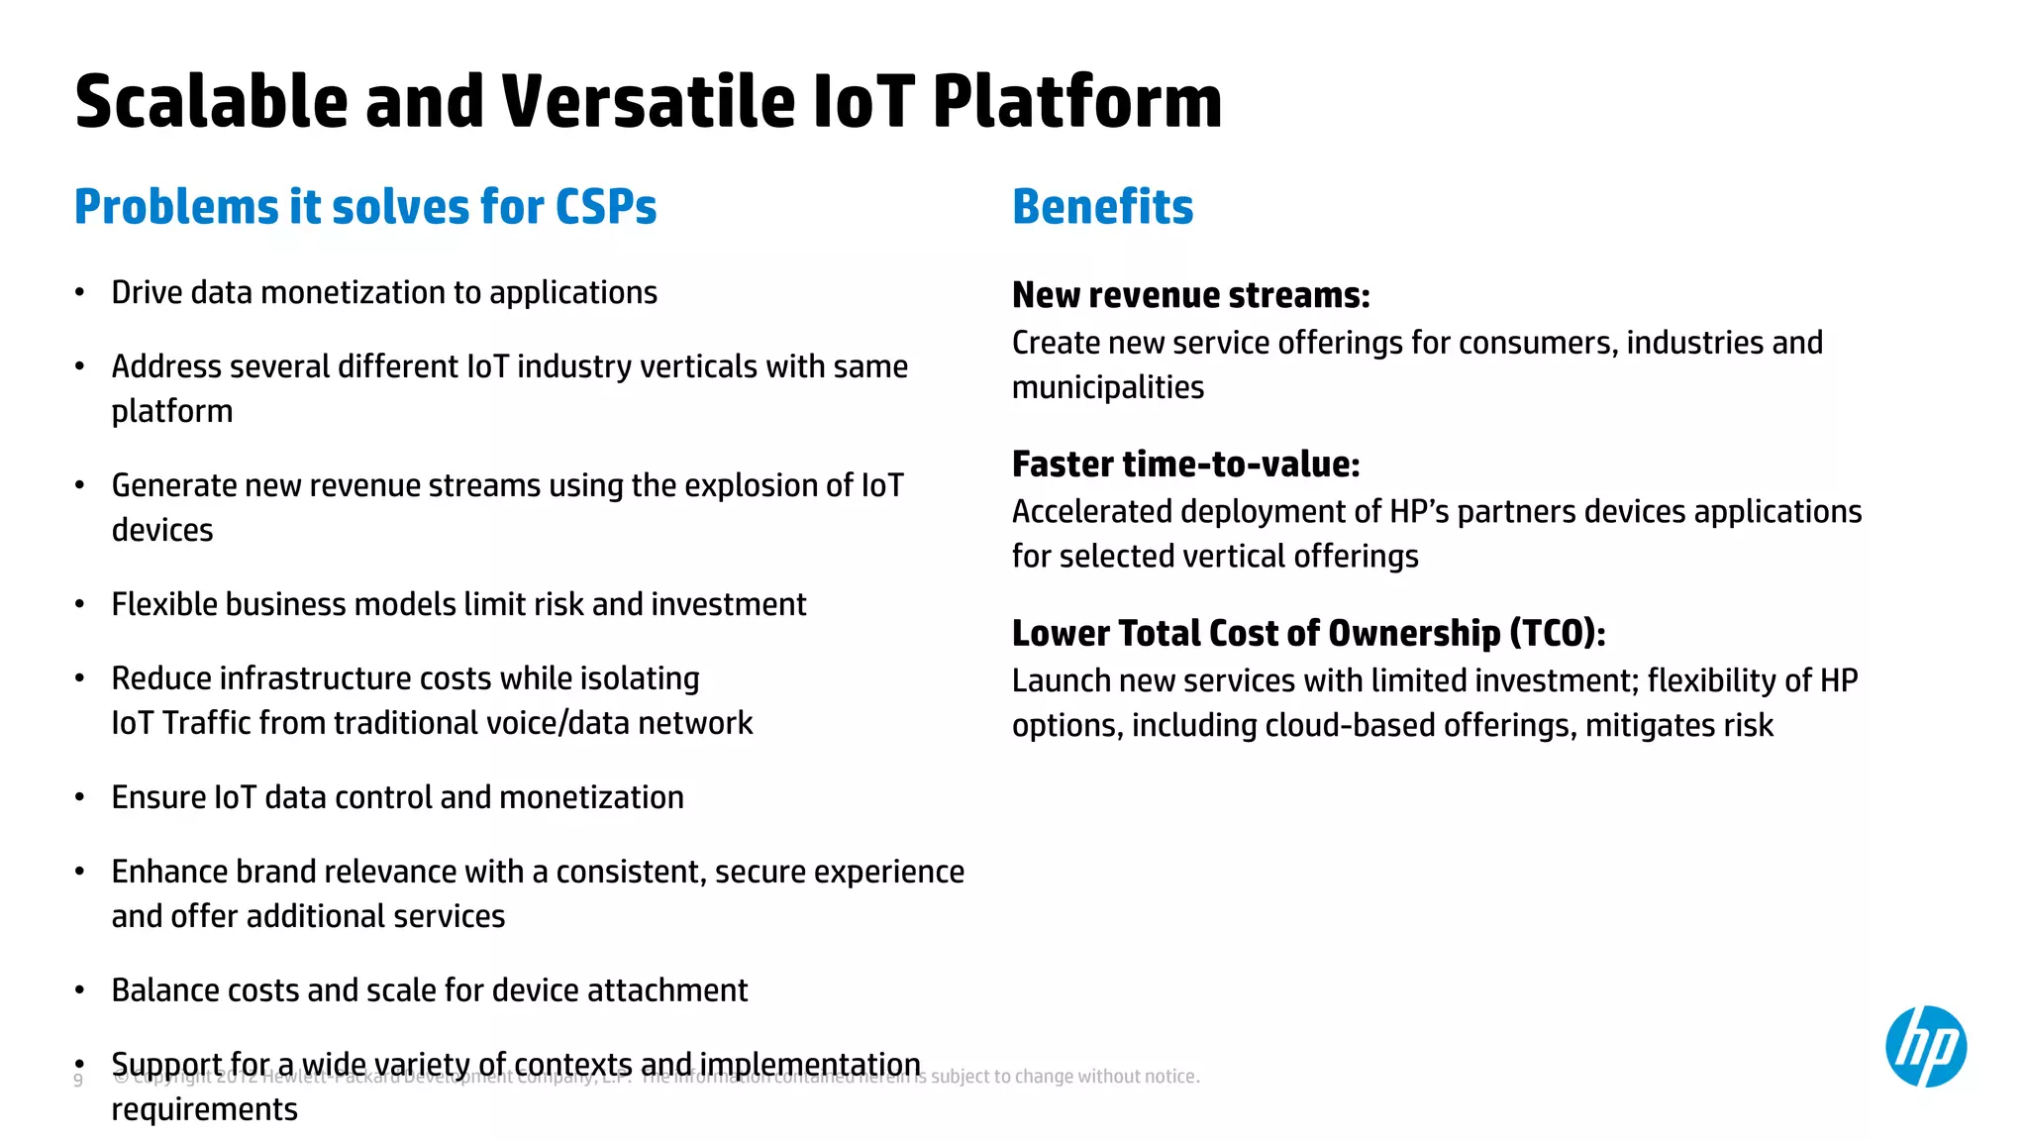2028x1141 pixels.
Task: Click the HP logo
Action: click(x=1925, y=1046)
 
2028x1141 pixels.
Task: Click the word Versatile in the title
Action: click(x=648, y=102)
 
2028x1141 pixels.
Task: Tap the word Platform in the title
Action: click(x=1076, y=102)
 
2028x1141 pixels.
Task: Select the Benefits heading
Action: click(x=1102, y=207)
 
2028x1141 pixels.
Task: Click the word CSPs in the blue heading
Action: click(x=605, y=207)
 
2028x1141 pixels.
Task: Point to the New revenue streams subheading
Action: click(x=1190, y=295)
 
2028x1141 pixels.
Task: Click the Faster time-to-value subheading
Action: click(x=1185, y=464)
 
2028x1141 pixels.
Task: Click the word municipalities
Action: click(x=1107, y=387)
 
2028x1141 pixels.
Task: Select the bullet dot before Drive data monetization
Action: click(x=80, y=293)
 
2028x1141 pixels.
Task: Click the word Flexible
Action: click(x=164, y=604)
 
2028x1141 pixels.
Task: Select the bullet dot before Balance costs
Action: click(x=80, y=990)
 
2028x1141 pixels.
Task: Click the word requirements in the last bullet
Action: click(x=204, y=1109)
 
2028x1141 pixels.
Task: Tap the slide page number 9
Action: click(x=78, y=1080)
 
